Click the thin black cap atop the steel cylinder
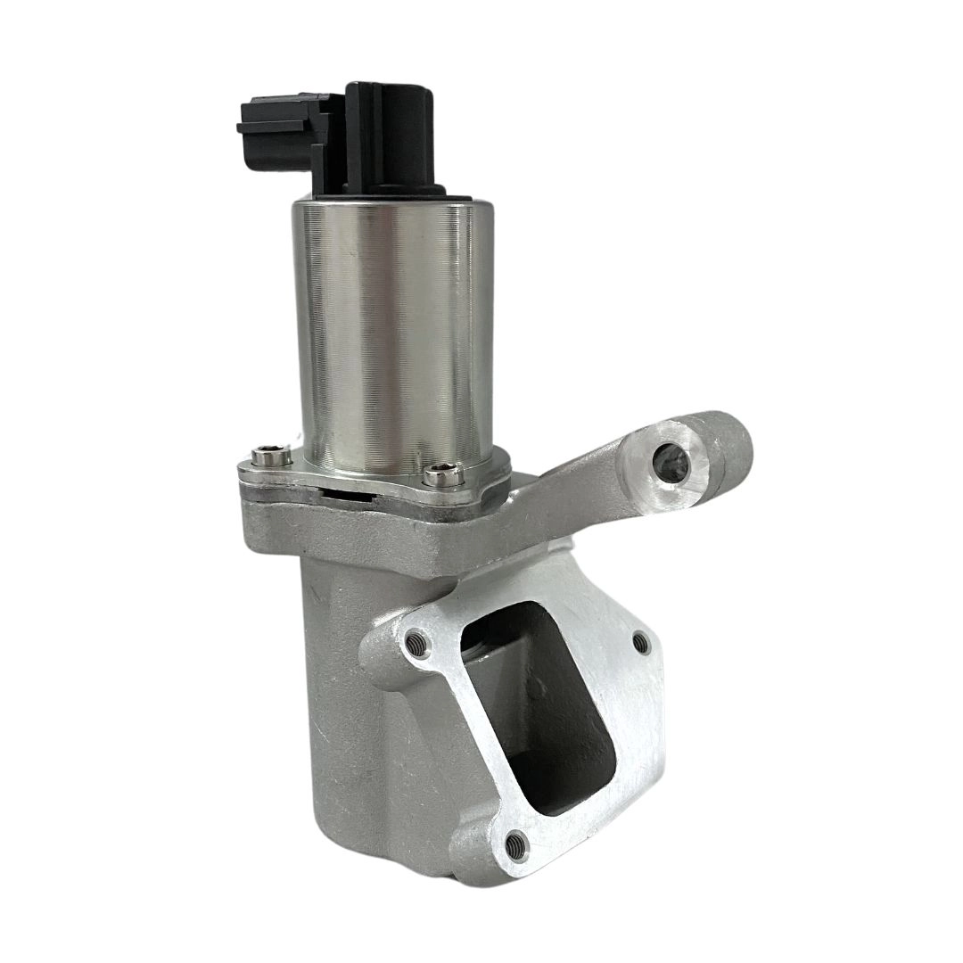392,191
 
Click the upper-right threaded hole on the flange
639,640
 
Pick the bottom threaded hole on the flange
513,840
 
